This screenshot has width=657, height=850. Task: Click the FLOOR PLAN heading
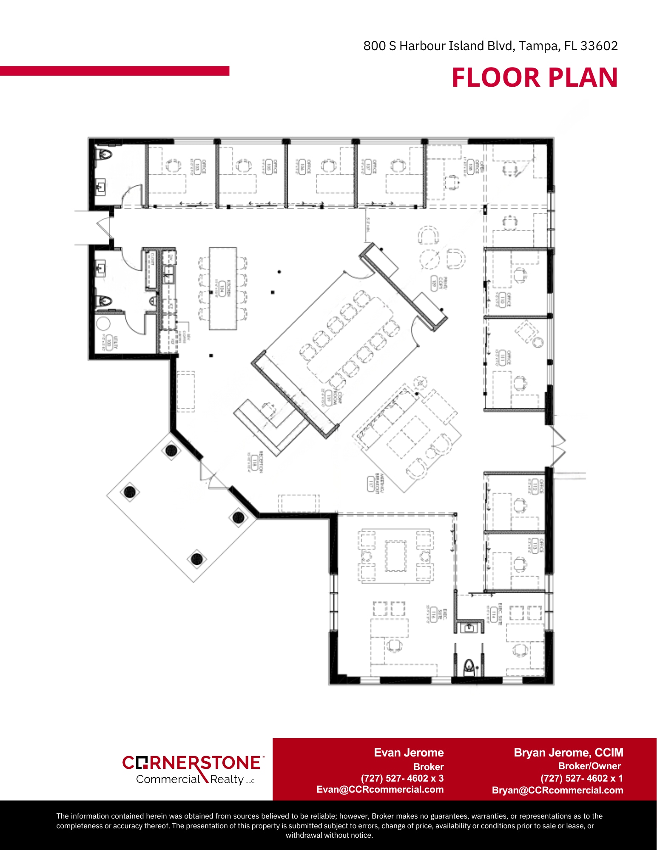[534, 78]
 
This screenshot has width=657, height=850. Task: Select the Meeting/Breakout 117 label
[372, 483]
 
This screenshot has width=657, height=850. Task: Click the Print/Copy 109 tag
[434, 283]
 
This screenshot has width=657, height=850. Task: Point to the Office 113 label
[535, 545]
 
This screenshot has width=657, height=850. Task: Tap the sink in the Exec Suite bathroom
[469, 627]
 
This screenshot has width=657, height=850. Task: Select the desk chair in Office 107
[398, 166]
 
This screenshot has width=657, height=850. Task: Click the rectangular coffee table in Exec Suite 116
[395, 556]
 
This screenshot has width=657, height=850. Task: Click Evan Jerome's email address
[380, 790]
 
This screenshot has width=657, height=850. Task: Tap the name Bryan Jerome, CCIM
[568, 753]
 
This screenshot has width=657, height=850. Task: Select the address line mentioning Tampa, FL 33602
[490, 46]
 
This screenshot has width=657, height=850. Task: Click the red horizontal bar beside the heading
[114, 71]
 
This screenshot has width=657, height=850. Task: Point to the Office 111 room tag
[503, 358]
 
